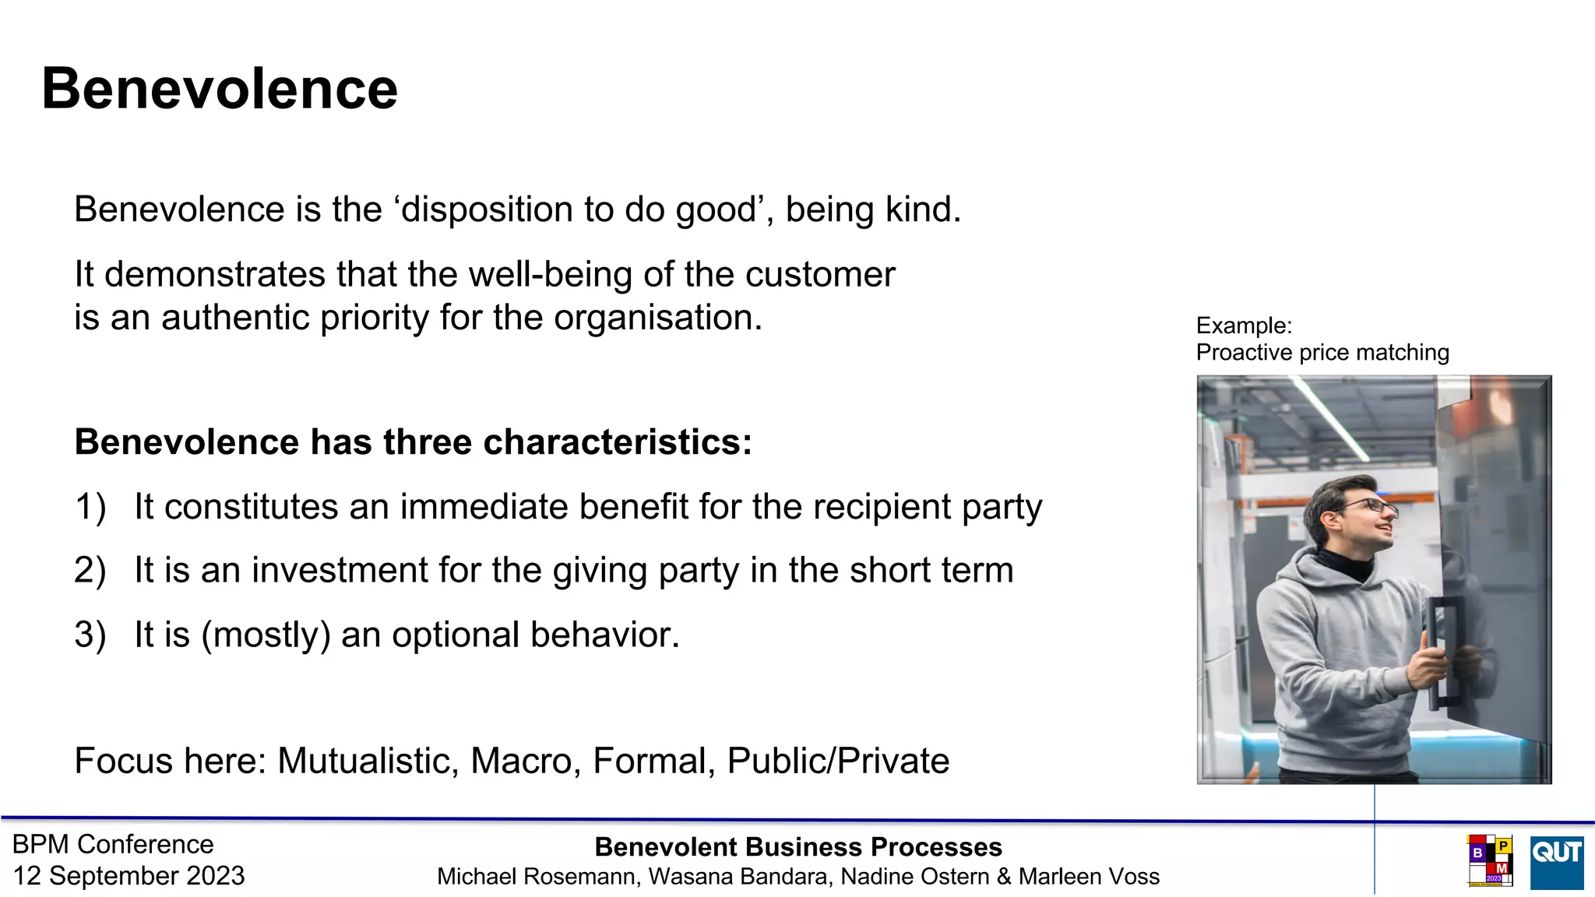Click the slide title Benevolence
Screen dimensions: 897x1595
pos(220,89)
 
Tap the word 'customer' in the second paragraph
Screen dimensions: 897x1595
pos(819,274)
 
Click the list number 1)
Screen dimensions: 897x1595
pos(90,507)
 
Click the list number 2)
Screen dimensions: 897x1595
pos(90,571)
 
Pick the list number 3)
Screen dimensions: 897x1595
pos(90,635)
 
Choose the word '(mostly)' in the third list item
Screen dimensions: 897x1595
pos(266,635)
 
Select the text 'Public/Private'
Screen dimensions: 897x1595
pos(838,761)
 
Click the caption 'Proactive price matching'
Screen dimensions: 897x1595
pos(1322,353)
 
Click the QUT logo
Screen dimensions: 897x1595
pos(1556,862)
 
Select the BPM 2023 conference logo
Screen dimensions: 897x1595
pos(1489,860)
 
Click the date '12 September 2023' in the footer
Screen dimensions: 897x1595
pos(129,876)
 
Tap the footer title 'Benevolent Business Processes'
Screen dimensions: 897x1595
pos(798,847)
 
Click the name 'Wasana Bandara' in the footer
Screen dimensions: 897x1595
pos(740,877)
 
